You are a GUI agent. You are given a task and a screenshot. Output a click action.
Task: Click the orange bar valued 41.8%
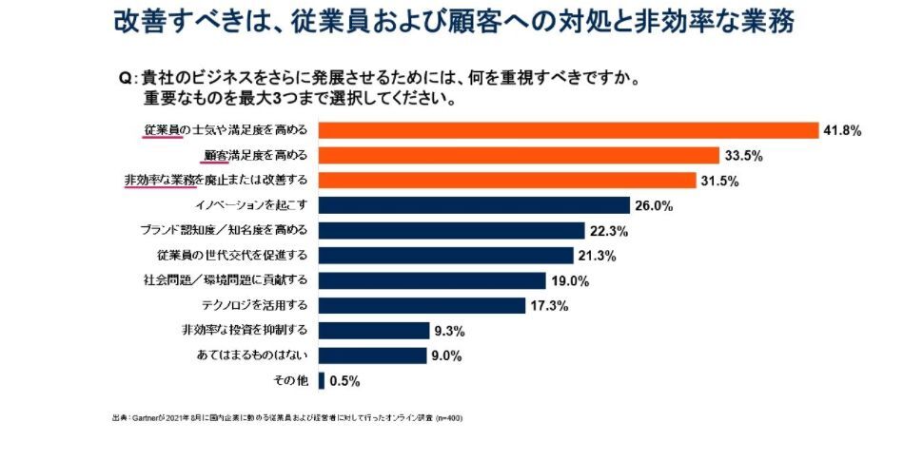tap(568, 130)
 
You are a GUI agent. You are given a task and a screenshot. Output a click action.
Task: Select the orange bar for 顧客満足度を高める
tap(519, 155)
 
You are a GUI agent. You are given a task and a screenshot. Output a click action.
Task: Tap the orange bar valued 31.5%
tap(506, 180)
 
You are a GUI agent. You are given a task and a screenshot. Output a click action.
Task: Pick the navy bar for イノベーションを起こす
tap(474, 205)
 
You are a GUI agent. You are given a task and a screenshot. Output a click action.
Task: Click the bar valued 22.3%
tap(451, 230)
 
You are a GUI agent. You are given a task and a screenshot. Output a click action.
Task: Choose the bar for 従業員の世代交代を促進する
tap(445, 255)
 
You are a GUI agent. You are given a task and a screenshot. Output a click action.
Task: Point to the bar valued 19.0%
tap(432, 280)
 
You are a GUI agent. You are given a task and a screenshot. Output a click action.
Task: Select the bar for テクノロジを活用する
tap(422, 305)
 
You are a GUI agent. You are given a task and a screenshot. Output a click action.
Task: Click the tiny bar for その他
tap(322, 380)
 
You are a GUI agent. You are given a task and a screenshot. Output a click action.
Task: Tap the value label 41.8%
tap(843, 131)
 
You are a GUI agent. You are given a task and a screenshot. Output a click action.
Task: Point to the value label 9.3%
tap(448, 331)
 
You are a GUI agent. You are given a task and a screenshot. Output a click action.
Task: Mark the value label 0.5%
tap(344, 381)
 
